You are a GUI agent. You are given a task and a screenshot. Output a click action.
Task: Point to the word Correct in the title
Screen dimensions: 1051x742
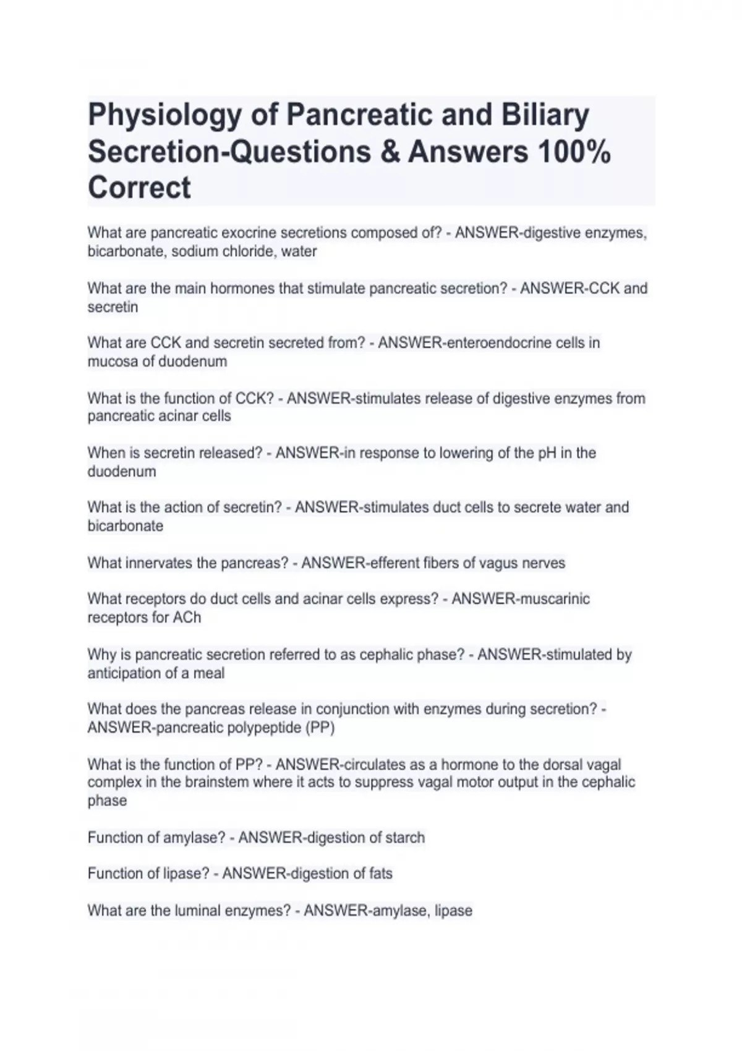click(x=139, y=188)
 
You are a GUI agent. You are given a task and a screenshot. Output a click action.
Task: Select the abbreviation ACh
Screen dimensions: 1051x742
click(x=187, y=618)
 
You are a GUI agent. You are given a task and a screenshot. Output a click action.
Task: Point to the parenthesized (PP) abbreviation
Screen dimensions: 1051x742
click(x=320, y=728)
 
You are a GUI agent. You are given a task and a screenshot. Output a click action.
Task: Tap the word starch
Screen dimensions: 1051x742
click(x=405, y=838)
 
